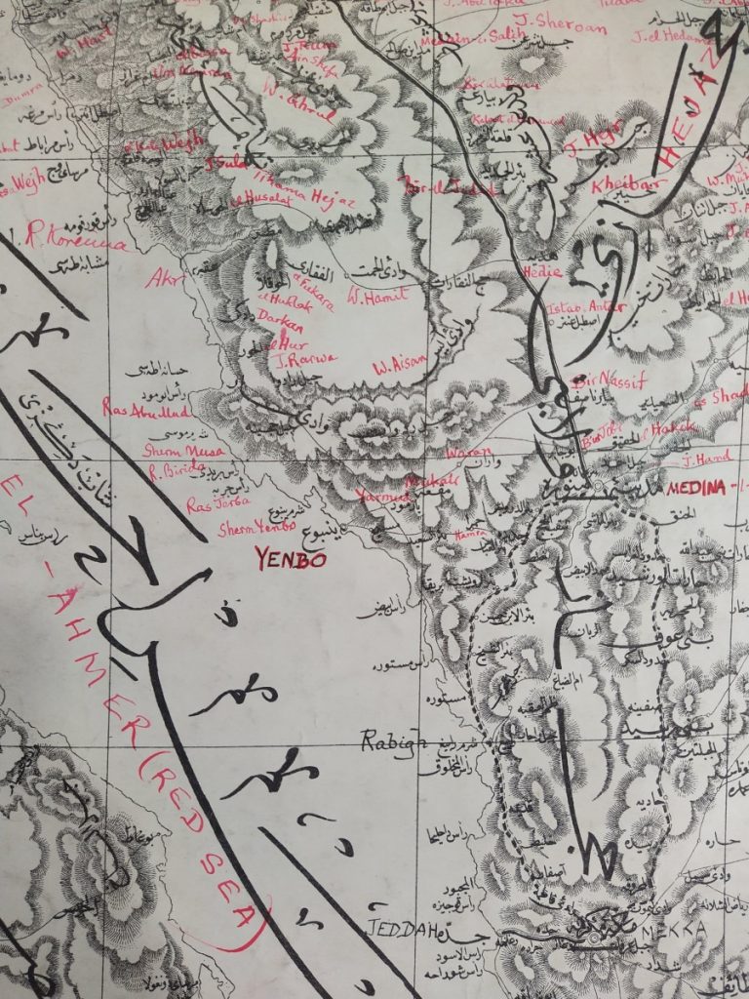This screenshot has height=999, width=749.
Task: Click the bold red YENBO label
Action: (x=289, y=560)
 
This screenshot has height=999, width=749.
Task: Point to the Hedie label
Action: (x=542, y=274)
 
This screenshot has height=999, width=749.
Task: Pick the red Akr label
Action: (x=162, y=281)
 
